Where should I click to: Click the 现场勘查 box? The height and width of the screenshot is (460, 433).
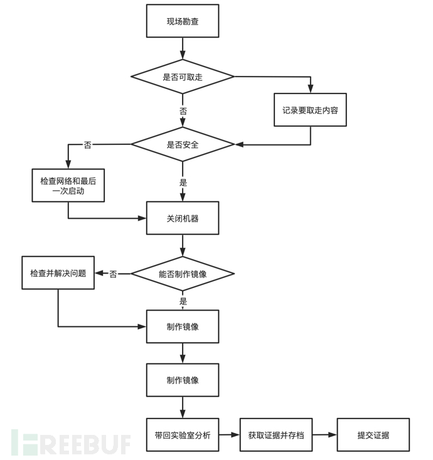(183, 21)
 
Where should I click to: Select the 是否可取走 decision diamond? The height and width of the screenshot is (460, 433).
(183, 77)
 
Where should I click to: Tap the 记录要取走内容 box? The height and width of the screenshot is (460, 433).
(310, 110)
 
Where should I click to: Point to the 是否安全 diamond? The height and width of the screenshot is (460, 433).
(183, 144)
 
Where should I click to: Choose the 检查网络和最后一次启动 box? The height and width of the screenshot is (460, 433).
(68, 185)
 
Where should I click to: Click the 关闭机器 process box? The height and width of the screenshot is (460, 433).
(183, 218)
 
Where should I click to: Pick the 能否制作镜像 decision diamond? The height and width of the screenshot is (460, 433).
(183, 274)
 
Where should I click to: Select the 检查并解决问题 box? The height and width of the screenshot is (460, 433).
(58, 273)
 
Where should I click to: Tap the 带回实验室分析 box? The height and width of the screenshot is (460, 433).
(183, 434)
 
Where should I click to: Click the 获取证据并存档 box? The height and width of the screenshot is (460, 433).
(275, 434)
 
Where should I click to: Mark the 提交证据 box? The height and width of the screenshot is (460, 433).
(373, 434)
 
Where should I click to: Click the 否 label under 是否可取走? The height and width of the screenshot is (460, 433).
(183, 110)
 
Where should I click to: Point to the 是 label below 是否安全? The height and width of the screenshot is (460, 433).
(183, 183)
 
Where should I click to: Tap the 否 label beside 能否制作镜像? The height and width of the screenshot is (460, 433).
(113, 274)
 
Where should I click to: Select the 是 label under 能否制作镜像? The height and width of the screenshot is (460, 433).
(183, 301)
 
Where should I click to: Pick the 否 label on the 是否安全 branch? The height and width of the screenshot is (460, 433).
(87, 145)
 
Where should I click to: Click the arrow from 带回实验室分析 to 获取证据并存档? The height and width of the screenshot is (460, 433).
(230, 434)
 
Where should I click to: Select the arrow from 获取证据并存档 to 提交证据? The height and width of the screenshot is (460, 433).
(324, 434)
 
